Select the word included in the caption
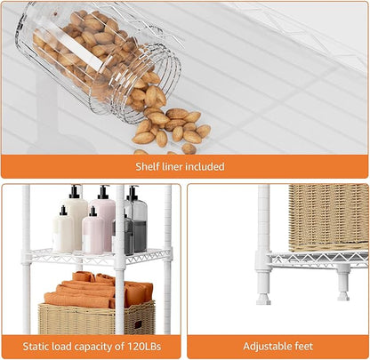pyautogui.click(x=205, y=166)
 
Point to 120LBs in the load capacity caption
pyautogui.click(x=144, y=347)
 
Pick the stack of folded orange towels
pyautogui.click(x=98, y=291)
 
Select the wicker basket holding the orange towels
pyautogui.click(x=97, y=318)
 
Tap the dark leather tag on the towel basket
pyautogui.click(x=139, y=324)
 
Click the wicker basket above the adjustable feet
pyautogui.click(x=328, y=218)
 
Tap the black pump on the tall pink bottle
pyautogui.click(x=103, y=192)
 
